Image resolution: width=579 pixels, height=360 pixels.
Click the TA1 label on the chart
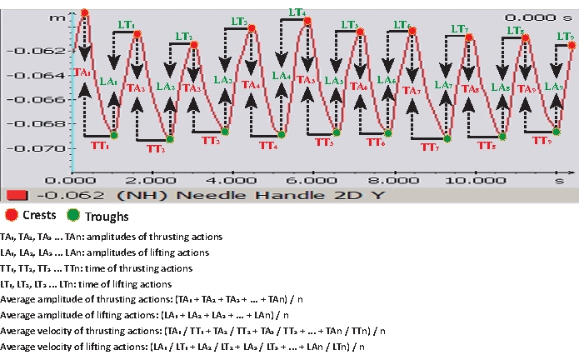coord(82,72)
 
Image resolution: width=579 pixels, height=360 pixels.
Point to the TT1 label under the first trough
coord(101,145)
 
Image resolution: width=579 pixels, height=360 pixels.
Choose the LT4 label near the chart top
coord(296,12)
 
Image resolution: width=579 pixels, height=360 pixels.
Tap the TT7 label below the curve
coord(430,147)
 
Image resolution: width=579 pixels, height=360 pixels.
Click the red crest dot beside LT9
coord(572,45)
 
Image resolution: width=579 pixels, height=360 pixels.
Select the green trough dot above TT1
coord(114,135)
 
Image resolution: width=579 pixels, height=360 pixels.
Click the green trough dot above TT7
coord(447,138)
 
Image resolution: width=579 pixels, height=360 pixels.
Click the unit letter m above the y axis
coord(55,17)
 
